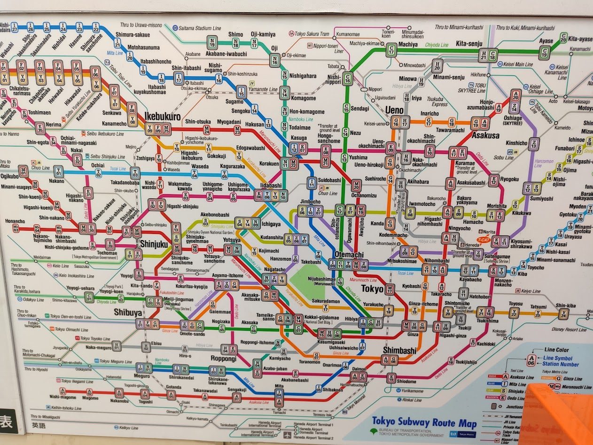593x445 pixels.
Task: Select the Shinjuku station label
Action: point(154,244)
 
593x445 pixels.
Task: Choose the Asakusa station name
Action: point(486,135)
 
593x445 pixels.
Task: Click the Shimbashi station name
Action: point(399,351)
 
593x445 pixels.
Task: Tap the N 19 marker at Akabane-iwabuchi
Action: point(212,43)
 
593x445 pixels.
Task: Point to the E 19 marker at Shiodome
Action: point(391,377)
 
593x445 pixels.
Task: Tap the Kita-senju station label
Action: point(468,44)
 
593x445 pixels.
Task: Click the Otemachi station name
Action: point(349,254)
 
